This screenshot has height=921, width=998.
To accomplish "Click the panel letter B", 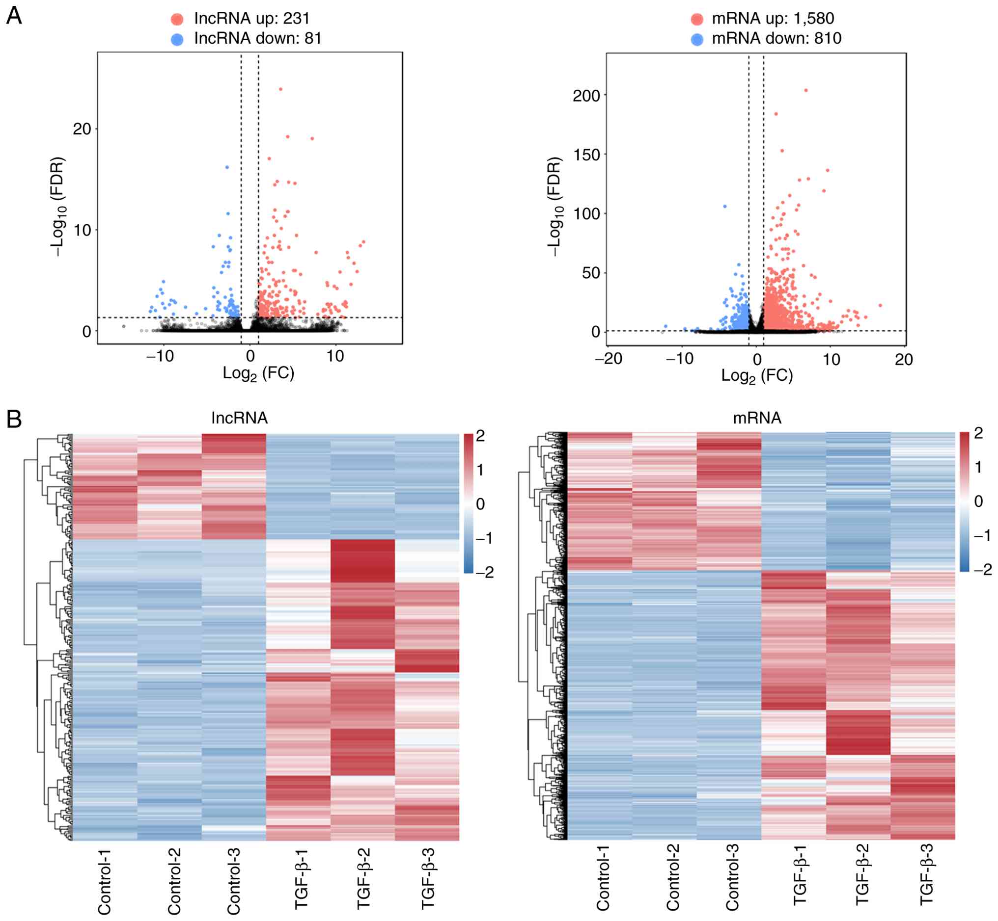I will (13, 419).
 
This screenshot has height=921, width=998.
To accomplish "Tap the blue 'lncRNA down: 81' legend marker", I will (177, 39).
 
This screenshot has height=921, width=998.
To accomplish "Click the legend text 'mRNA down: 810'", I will (776, 38).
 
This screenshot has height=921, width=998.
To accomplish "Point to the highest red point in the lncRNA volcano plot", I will (281, 89).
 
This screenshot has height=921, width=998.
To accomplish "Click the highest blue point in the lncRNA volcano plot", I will (227, 167).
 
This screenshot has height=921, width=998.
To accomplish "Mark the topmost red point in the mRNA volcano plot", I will (806, 91).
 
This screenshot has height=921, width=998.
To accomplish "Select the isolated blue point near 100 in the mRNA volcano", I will (725, 206).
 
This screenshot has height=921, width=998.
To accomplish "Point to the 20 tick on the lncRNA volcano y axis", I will (83, 129).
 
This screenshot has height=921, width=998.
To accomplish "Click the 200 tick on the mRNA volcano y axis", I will (586, 96).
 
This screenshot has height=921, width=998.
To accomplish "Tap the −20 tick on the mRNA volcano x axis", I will (610, 359).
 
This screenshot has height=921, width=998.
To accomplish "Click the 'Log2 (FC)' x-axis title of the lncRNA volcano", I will (258, 373).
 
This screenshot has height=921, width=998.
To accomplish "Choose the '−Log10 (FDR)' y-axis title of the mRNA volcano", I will (554, 207).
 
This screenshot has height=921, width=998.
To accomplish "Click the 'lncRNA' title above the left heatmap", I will (239, 418).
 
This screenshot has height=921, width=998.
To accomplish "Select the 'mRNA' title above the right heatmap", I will (757, 418).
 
